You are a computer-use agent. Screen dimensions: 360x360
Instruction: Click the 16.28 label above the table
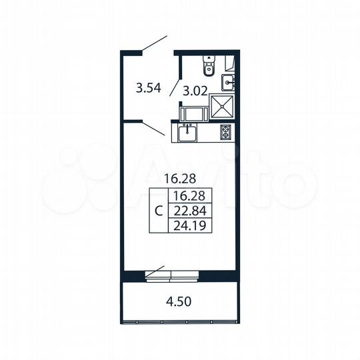[x=179, y=178]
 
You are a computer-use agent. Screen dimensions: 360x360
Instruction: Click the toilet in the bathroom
[x=209, y=66]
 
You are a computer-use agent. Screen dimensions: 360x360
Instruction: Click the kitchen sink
[x=188, y=133]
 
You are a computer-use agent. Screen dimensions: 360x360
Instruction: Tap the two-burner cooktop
[x=226, y=132]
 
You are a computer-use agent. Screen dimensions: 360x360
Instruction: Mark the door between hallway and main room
[x=155, y=129]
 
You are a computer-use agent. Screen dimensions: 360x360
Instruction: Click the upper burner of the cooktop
[x=226, y=128]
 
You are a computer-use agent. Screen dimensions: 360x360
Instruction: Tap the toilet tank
[x=209, y=57]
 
